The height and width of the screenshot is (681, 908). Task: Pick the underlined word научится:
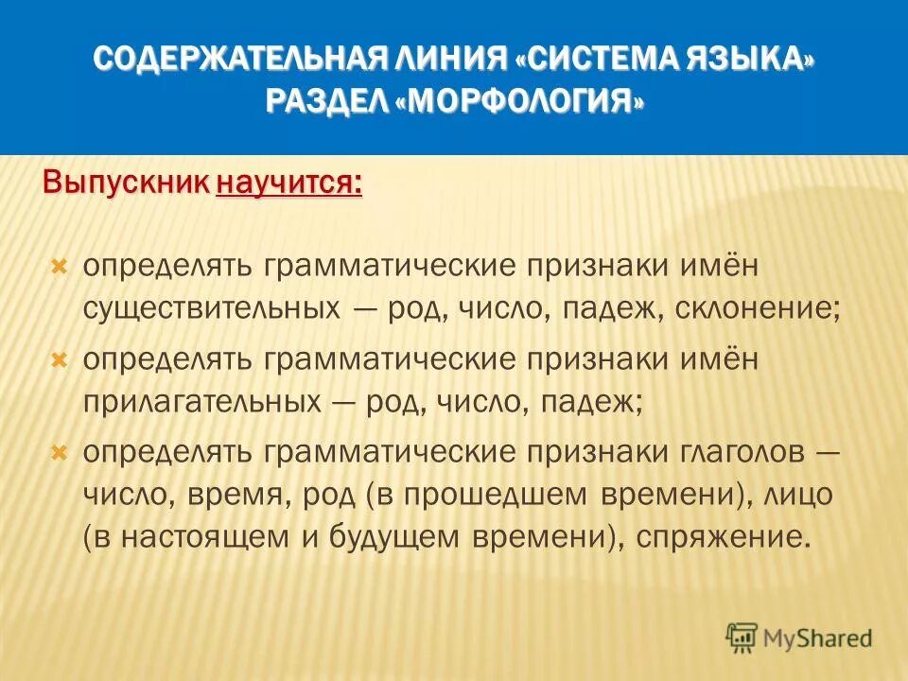(289, 182)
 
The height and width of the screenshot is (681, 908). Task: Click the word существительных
(212, 309)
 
